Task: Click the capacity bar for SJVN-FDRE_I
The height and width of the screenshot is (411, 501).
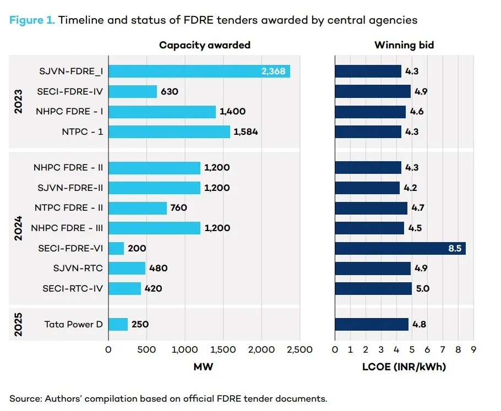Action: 199,72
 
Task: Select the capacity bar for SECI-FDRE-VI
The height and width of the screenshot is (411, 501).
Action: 116,248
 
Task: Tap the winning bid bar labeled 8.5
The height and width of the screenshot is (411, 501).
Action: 400,248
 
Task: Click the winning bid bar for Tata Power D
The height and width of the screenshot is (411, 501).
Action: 372,324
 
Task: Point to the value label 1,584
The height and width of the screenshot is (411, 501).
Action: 246,132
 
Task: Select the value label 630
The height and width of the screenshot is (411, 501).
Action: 170,91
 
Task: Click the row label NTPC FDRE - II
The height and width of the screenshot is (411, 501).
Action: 69,208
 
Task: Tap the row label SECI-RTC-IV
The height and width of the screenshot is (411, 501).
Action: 73,288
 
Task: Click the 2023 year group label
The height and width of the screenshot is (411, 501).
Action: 18,101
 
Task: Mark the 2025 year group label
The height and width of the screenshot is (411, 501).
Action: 18,324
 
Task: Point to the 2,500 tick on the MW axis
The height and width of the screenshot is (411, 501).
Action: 299,349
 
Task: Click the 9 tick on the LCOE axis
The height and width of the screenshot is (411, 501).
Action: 472,349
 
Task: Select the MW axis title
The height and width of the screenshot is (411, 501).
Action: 204,367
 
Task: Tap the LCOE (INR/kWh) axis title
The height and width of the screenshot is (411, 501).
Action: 404,367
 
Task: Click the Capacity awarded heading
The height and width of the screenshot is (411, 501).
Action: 205,45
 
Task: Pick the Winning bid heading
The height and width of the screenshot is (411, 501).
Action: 404,45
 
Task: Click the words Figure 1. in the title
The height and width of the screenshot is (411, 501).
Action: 31,20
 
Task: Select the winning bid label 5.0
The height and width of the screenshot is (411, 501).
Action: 423,288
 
